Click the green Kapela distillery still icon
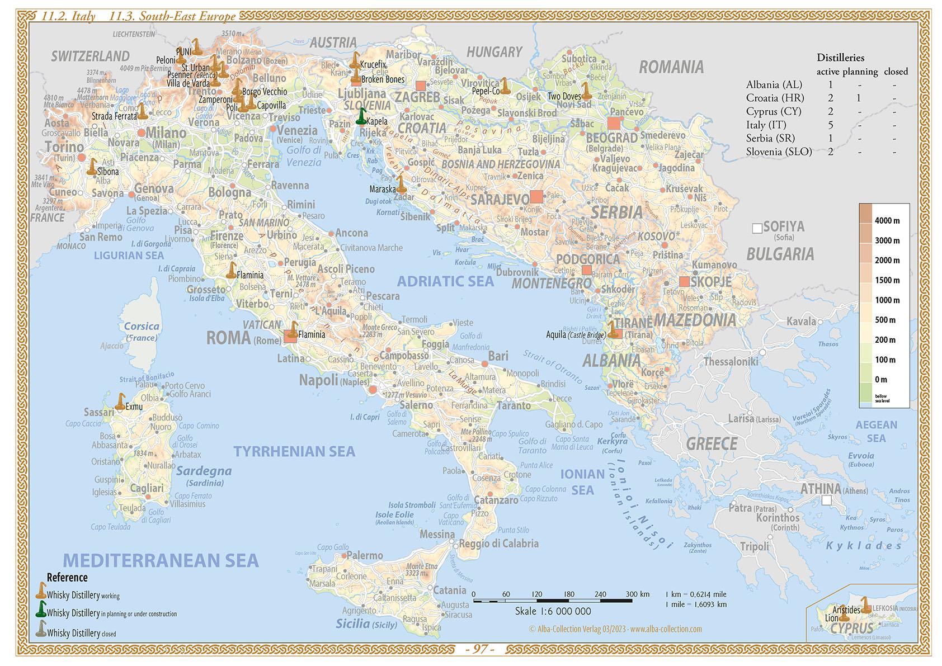pos(362,116)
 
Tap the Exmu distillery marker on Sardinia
pos(120,402)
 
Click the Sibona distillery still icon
pos(92,167)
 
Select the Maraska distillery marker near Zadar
pos(401,184)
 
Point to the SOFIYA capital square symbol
pos(757,228)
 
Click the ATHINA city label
pos(821,489)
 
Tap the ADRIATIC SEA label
pos(445,281)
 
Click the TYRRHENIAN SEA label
pos(294,452)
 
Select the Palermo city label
pos(365,555)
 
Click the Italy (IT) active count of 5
pos(831,125)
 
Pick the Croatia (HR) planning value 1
pos(859,98)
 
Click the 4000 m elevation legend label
pos(887,221)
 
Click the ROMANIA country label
pos(671,68)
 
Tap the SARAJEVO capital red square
pos(536,196)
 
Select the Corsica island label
pos(142,326)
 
